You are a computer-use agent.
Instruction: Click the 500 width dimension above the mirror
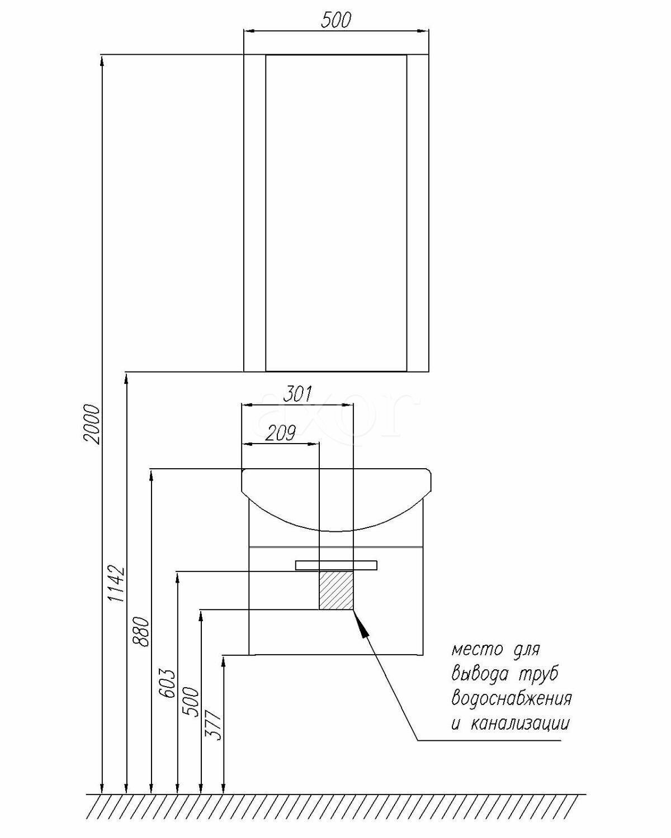[x=336, y=20]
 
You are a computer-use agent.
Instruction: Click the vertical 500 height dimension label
[x=192, y=701]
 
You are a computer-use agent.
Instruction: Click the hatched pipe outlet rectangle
[x=336, y=590]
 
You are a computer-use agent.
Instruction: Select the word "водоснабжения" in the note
[x=511, y=699]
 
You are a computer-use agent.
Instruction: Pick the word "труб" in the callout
[x=537, y=674]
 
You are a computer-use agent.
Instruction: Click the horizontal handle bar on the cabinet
[x=336, y=565]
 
